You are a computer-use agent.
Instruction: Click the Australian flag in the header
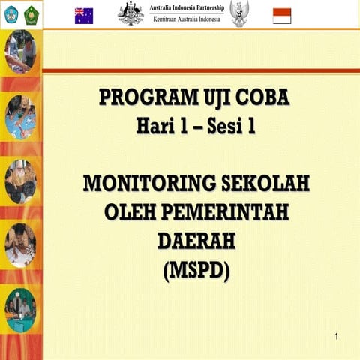click(83, 15)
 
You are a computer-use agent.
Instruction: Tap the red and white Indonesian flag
click(281, 15)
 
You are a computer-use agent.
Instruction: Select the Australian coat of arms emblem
click(131, 13)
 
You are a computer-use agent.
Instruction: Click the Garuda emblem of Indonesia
click(240, 13)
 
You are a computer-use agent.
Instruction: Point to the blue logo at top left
click(11, 14)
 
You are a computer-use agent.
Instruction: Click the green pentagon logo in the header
click(31, 14)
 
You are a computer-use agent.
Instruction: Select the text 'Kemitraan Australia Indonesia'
click(187, 19)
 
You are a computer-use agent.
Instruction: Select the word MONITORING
click(139, 184)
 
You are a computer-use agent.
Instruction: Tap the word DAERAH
click(196, 241)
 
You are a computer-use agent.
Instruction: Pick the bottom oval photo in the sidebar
click(19, 310)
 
